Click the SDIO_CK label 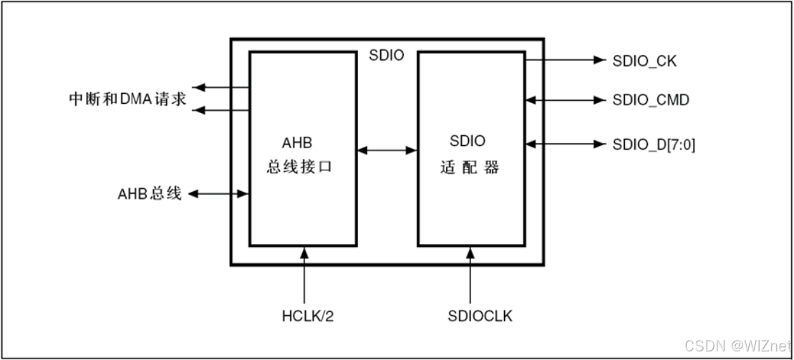644,61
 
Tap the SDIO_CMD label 651,100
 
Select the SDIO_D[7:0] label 654,145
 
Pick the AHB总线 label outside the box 150,193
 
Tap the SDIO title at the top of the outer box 387,55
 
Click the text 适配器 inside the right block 469,167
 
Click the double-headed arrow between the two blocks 387,150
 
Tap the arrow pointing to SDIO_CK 566,60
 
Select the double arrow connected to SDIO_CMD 566,100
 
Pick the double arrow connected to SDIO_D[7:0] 566,144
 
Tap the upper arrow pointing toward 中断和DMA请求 221,87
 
